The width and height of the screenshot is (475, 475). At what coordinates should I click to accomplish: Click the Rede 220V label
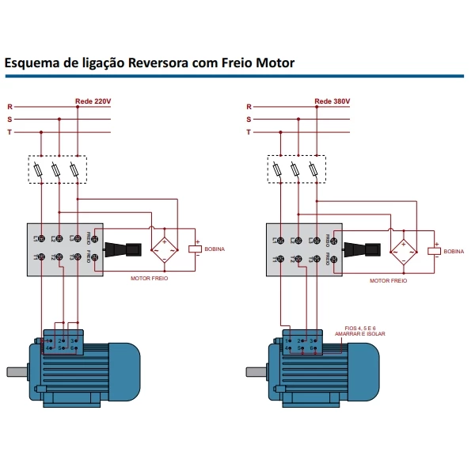click(x=93, y=101)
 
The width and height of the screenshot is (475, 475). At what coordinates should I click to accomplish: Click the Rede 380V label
click(x=332, y=101)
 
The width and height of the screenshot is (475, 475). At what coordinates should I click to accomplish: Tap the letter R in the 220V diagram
click(x=9, y=106)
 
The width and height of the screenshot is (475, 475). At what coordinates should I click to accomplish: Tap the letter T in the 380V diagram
click(x=248, y=131)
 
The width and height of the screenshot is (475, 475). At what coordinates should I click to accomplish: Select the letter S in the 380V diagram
click(x=248, y=119)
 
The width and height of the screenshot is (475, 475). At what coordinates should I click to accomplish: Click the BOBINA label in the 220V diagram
click(x=215, y=249)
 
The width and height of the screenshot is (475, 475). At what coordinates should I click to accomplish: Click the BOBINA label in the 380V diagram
click(x=454, y=251)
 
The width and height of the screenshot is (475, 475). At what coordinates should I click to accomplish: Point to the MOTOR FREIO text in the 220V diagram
click(x=150, y=279)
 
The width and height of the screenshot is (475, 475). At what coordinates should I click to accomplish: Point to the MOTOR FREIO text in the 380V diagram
click(x=389, y=280)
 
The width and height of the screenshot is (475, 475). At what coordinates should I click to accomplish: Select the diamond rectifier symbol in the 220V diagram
click(x=165, y=248)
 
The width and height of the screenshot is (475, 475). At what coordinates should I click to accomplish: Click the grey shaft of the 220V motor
click(x=16, y=370)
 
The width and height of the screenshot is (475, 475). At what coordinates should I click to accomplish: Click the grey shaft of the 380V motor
click(x=255, y=370)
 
